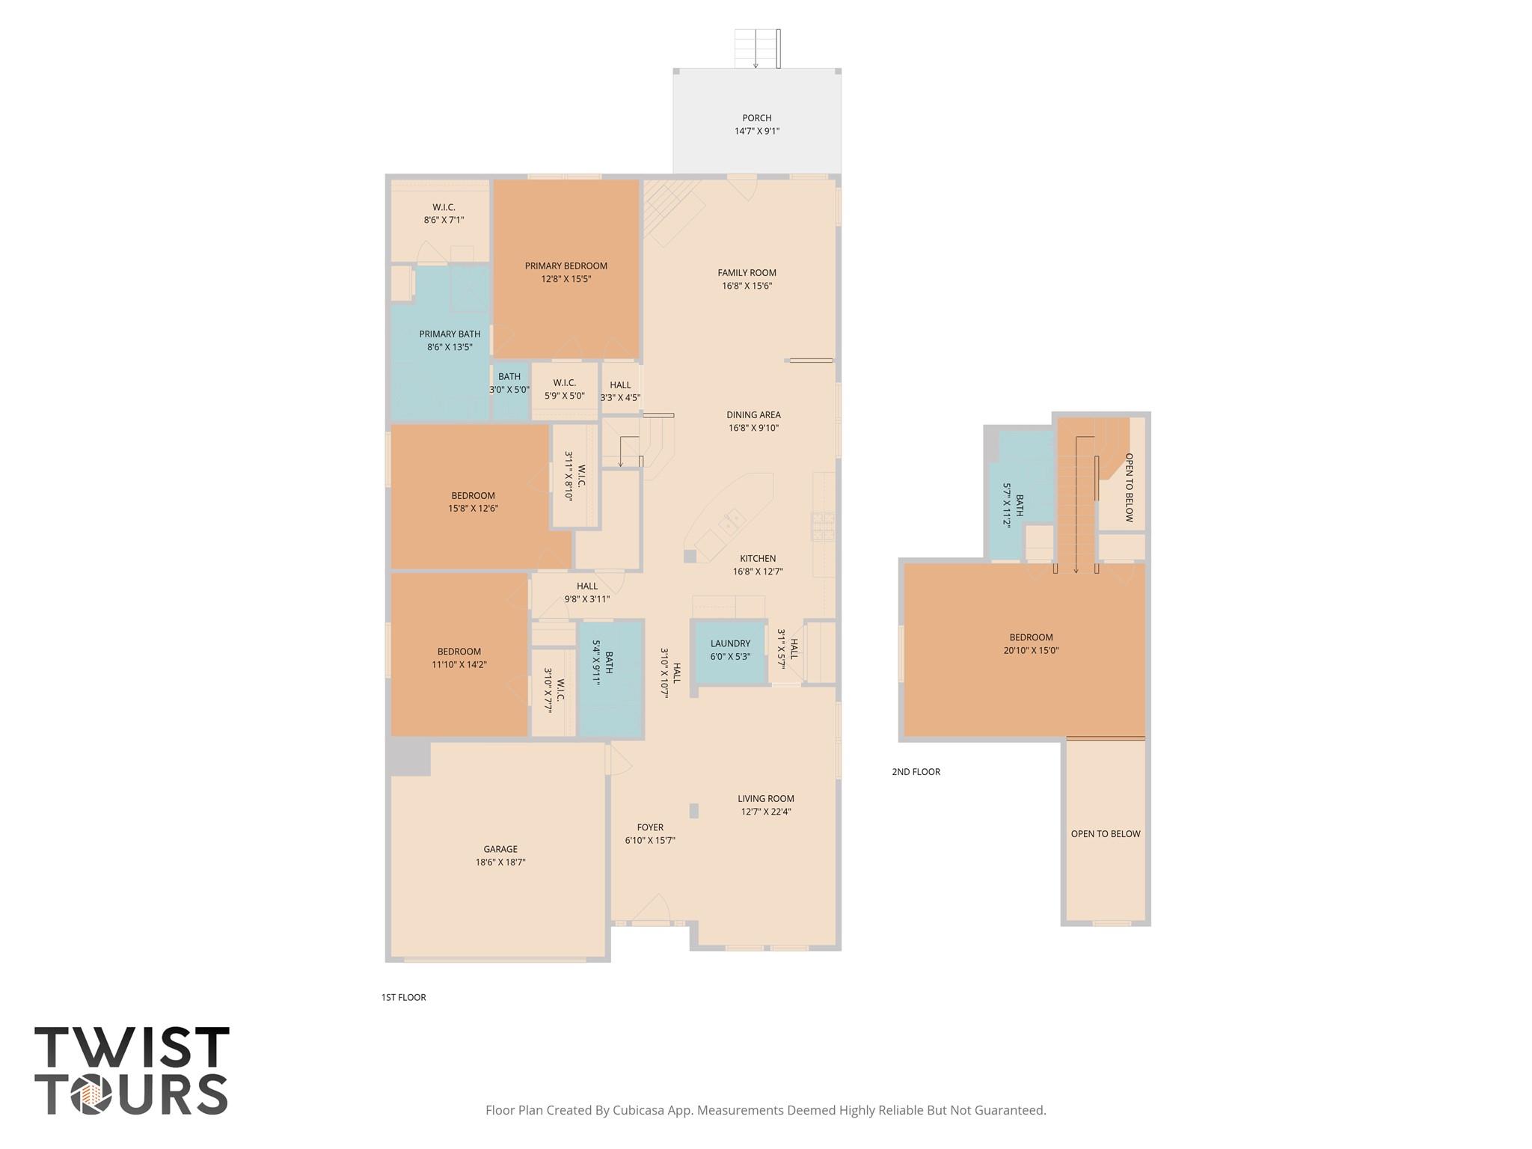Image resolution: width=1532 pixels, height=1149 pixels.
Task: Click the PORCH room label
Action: coord(756,118)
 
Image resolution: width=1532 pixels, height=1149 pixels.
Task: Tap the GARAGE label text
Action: coord(500,849)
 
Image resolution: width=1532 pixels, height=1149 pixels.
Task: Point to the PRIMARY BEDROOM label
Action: coord(566,266)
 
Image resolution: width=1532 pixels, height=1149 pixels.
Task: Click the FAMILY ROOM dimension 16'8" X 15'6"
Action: coord(747,286)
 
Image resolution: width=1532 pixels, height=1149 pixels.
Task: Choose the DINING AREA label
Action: coord(753,415)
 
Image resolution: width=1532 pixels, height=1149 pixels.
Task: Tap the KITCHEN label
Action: coord(758,559)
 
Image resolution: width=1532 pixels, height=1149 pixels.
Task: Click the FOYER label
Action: coord(650,827)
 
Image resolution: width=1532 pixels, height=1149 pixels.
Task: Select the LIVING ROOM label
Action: coord(766,799)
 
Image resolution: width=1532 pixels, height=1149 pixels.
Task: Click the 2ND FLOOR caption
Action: coord(916,772)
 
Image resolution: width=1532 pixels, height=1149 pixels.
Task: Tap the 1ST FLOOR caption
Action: coord(403,997)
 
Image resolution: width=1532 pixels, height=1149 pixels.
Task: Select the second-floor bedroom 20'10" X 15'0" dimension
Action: coord(1031,651)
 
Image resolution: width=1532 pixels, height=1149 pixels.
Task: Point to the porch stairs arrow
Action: coord(756,49)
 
